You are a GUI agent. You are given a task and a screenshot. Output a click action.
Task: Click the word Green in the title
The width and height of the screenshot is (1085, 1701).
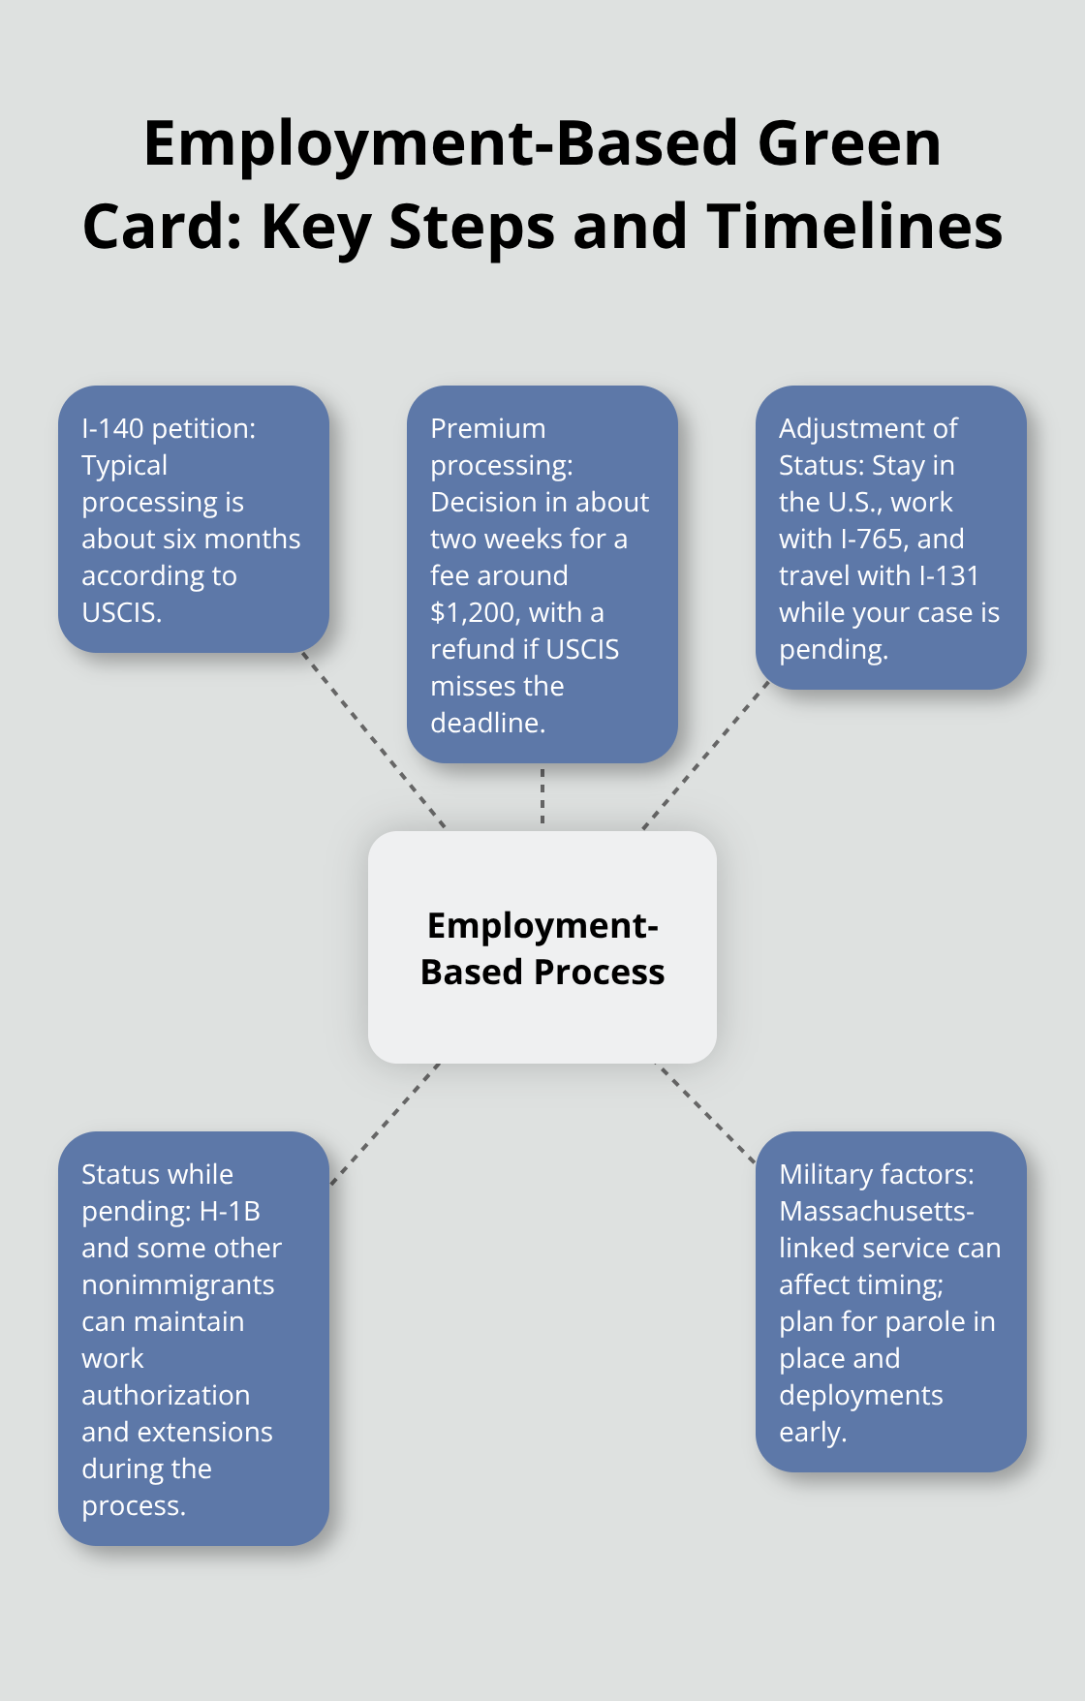click(x=849, y=144)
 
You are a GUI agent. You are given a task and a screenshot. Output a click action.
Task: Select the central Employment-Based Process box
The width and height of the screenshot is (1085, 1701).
click(x=542, y=947)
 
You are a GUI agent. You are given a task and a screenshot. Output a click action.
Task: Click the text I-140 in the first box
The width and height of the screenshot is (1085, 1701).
click(x=112, y=428)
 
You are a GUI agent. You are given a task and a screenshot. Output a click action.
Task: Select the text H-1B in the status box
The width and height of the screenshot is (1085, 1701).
click(x=229, y=1211)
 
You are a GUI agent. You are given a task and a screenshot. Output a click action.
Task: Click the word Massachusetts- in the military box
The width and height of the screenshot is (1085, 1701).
click(x=876, y=1211)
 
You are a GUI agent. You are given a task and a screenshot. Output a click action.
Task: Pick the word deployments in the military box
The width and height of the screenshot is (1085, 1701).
click(x=860, y=1395)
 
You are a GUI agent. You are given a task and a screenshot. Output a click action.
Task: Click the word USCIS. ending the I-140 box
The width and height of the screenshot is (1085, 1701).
click(x=121, y=612)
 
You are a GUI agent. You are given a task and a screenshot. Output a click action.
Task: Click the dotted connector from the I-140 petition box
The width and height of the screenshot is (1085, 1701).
click(x=374, y=740)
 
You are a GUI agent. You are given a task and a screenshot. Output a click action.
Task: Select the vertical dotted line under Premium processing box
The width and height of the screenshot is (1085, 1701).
click(x=542, y=796)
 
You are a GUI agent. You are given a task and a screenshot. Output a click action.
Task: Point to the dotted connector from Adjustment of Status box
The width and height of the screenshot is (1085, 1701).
click(x=704, y=757)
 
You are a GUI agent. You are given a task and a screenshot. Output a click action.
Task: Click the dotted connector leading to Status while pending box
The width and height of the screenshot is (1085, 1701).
click(x=384, y=1124)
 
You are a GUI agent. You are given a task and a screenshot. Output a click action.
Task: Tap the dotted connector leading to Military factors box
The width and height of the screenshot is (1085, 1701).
click(x=704, y=1112)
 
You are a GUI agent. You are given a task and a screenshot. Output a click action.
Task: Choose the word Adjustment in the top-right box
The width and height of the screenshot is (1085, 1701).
click(x=846, y=428)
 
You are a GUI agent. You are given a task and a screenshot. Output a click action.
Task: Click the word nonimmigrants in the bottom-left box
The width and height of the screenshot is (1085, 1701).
click(x=177, y=1284)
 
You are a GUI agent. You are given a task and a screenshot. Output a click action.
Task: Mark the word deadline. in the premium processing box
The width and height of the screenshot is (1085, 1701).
click(x=487, y=723)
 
